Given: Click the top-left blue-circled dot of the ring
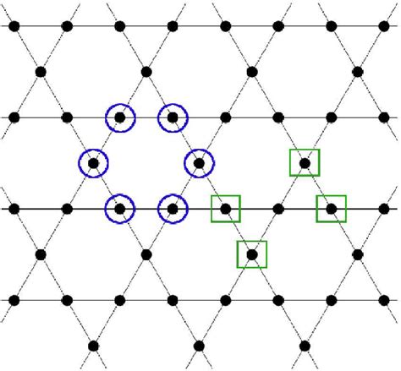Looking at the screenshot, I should click(x=120, y=117).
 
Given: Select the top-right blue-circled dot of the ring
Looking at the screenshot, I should click(x=172, y=117).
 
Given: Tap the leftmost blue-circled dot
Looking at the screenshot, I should click(x=94, y=162).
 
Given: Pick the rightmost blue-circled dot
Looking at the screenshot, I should click(x=199, y=162).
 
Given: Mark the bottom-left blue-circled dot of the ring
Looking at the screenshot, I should click(x=120, y=207).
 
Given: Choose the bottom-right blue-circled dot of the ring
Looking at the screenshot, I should click(x=172, y=207).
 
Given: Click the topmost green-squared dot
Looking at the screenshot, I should click(x=305, y=162).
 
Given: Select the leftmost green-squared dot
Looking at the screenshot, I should click(x=225, y=207).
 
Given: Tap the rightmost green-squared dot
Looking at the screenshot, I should click(x=331, y=207).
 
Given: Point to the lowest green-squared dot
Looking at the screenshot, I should click(x=251, y=253).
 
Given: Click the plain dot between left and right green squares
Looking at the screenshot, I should click(x=277, y=207).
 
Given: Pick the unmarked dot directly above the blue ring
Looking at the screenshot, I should click(x=146, y=72).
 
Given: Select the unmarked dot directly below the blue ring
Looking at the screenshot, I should click(x=146, y=253).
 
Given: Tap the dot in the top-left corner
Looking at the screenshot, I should click(x=14, y=26).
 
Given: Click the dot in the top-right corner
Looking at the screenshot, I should click(x=383, y=26).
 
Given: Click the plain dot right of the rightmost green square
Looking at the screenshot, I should click(x=383, y=207).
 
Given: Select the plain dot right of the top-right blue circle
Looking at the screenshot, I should click(x=225, y=117).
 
